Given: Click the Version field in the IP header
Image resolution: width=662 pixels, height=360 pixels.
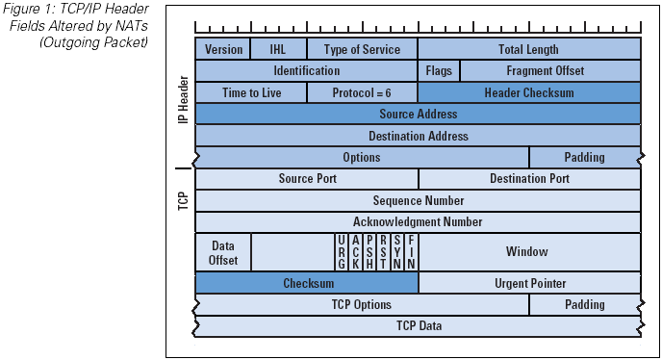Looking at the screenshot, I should [223, 49].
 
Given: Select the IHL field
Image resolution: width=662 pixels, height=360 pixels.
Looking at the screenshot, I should [279, 49].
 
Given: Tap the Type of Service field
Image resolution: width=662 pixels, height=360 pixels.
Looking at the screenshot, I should [362, 49].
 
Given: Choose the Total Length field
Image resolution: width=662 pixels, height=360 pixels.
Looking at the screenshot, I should [528, 49].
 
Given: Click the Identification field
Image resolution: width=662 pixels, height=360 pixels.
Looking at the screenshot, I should [306, 71].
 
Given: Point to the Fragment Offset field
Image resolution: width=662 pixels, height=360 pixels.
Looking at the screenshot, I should [549, 71].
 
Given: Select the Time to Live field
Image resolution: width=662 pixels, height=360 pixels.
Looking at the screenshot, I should [250, 92].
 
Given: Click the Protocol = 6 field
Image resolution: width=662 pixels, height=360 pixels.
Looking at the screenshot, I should [362, 92].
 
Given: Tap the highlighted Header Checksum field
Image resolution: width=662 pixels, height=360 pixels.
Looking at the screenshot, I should [528, 92].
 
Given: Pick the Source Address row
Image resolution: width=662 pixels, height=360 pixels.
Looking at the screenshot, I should [418, 115].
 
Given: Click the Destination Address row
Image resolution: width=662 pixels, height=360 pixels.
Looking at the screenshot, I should [418, 136].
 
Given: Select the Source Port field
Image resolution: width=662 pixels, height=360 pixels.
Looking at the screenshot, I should [307, 178].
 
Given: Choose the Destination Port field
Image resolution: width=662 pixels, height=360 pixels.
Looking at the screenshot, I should [529, 178].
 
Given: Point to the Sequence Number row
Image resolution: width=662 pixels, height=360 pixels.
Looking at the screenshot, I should [418, 200].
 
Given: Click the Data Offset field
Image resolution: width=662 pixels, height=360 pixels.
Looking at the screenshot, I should [223, 252].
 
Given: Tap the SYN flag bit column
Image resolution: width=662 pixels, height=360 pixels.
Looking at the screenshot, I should [397, 252].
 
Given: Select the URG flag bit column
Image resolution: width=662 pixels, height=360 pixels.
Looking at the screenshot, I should [342, 252].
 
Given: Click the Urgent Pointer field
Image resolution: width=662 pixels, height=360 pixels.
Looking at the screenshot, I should [529, 283].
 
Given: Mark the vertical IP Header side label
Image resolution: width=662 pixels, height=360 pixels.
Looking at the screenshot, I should [183, 101].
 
